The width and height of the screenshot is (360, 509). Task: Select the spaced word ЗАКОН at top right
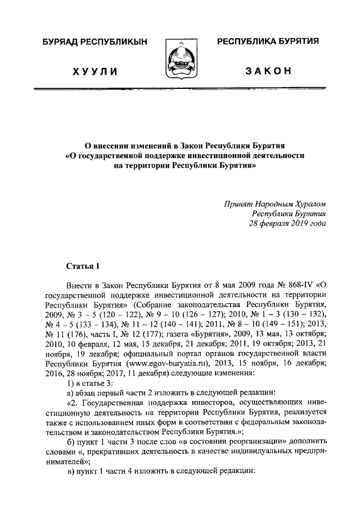[x=268, y=71]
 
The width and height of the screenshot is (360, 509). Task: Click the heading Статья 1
[x=82, y=265]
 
